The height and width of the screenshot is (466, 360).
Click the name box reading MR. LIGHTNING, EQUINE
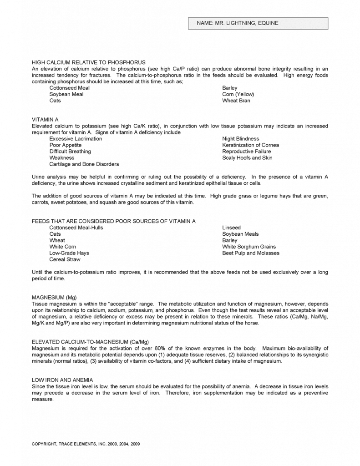(258, 23)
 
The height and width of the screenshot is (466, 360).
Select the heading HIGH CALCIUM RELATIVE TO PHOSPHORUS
(88, 62)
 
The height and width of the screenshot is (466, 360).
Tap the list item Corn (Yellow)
(238, 94)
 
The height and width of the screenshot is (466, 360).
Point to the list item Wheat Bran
(236, 101)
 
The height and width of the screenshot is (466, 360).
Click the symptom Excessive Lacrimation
(76, 139)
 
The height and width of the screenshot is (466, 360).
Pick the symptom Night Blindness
(240, 139)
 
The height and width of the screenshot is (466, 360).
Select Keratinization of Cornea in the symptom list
(250, 145)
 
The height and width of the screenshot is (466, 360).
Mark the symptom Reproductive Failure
(246, 152)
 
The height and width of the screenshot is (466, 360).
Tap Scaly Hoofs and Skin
(247, 158)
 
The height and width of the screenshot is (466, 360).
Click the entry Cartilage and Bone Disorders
(84, 164)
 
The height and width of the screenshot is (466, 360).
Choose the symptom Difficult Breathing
(70, 152)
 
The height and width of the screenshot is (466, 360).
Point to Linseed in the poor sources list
(231, 228)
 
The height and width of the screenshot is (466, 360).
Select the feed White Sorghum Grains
(249, 247)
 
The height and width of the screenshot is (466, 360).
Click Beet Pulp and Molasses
(251, 253)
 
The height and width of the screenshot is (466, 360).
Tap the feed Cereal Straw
(65, 259)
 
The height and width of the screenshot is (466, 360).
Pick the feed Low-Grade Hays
(69, 253)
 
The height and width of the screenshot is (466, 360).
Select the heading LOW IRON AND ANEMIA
(62, 380)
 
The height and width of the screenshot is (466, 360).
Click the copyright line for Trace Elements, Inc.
(86, 444)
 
